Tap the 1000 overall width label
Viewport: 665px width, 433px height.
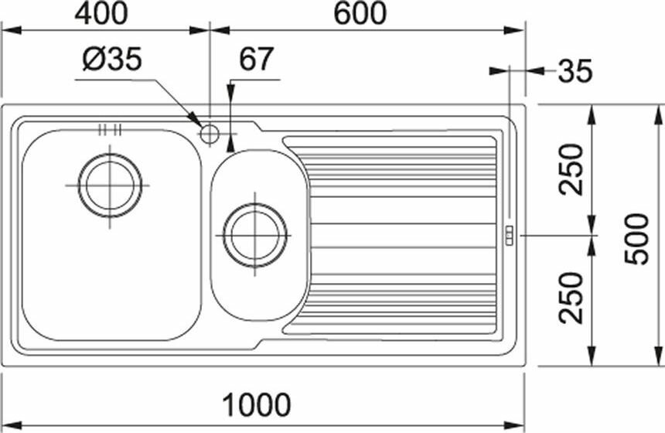(257, 404)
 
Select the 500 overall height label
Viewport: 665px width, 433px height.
(637, 239)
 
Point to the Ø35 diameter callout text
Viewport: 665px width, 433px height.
(112, 59)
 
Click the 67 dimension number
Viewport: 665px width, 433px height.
(256, 59)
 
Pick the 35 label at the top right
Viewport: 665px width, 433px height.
(575, 71)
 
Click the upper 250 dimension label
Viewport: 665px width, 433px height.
(571, 169)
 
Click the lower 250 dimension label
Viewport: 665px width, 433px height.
(571, 298)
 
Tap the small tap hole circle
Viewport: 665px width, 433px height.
(210, 134)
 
